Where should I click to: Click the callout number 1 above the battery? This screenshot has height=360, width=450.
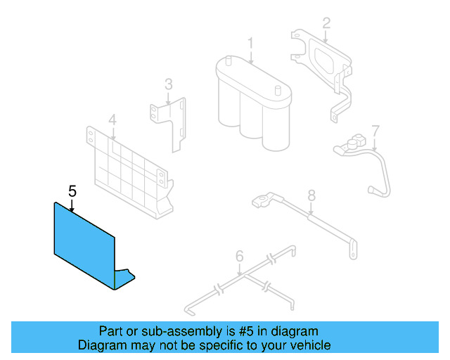(250, 44)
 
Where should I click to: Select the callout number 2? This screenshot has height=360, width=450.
(326, 23)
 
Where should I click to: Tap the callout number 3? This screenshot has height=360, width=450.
(169, 84)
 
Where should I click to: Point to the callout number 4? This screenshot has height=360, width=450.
(112, 119)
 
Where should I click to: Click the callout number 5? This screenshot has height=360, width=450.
(72, 190)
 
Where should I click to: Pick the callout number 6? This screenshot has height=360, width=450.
(239, 257)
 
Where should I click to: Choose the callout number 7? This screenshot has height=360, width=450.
(375, 131)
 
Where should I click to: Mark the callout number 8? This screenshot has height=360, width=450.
(311, 195)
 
